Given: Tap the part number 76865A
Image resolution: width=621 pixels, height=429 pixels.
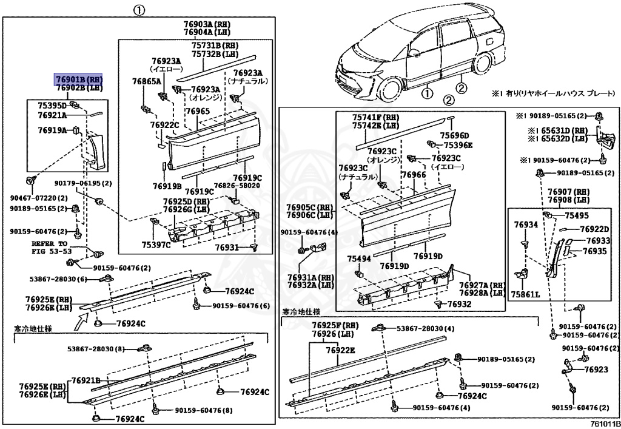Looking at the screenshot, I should pos(146,81).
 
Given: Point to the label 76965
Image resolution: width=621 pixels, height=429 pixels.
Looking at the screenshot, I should pos(198,111).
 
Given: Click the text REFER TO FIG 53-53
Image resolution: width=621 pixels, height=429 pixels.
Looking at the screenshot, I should pos(52,247).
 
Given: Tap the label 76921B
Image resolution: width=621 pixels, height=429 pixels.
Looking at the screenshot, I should pos(86,380).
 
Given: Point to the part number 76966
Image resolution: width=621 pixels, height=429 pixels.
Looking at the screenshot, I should pos(414,175).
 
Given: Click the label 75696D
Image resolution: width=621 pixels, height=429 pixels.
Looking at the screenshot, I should pos(455,135).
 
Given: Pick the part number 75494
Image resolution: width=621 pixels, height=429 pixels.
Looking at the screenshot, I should pos(359,258).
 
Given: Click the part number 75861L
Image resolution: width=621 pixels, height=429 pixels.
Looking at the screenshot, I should pos(525,294).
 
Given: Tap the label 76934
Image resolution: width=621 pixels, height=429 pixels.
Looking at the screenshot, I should pos(526,225).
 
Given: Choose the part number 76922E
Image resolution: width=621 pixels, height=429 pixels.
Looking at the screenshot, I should pos(340,350).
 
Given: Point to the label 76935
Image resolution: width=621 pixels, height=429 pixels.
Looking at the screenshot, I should pos(596,251).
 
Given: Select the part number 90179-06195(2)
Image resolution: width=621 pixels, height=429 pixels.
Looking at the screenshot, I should pos(84,183).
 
